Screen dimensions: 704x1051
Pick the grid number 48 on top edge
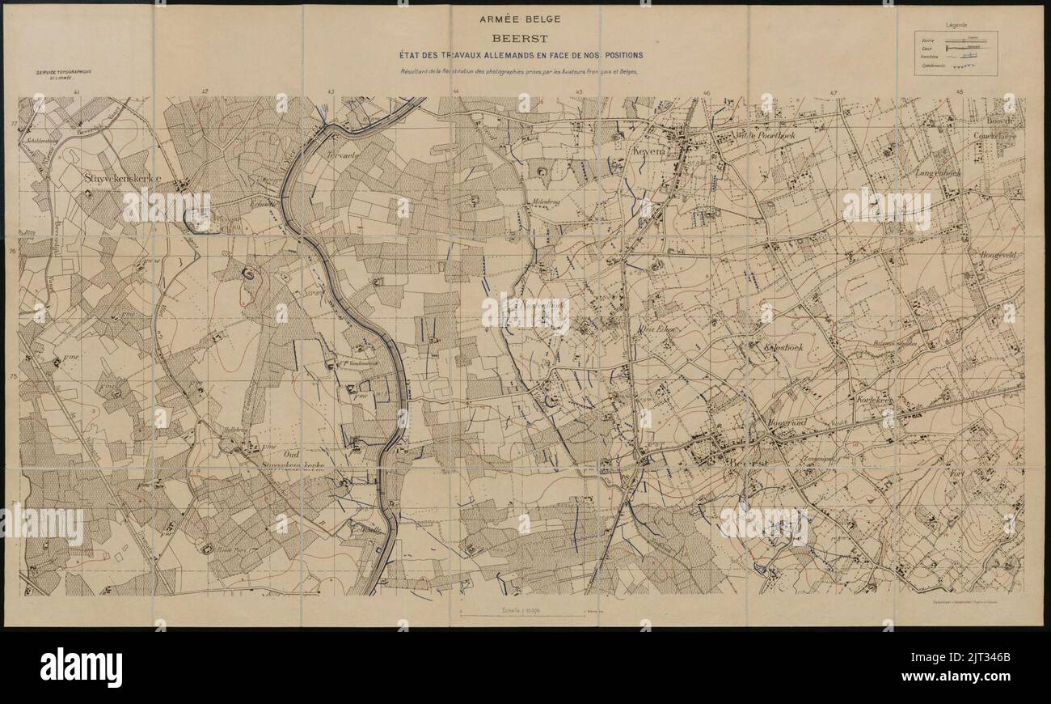click(x=960, y=92)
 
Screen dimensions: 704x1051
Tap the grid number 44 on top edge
click(x=456, y=92)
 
